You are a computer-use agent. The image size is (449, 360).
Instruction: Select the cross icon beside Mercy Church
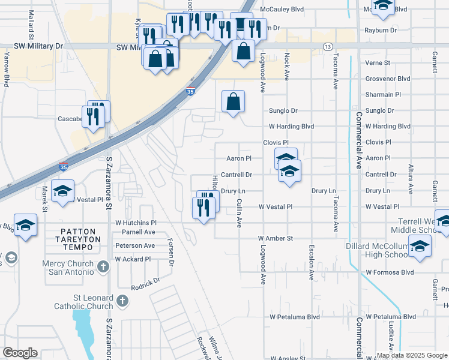coord(103,266)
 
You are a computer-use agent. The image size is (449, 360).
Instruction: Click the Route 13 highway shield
coord(327,46)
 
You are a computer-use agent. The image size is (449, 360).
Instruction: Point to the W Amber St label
coord(276,238)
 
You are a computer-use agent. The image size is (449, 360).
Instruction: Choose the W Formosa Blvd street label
coord(390,272)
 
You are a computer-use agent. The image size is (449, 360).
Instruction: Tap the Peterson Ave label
coord(134,245)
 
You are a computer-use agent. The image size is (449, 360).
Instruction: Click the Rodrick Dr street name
coord(146,284)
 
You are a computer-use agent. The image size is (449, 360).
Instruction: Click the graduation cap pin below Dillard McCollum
coord(420,245)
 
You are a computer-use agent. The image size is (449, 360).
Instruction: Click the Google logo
coord(19,353)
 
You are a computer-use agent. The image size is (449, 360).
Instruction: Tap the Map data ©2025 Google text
coord(412,355)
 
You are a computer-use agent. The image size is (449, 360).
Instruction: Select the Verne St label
coord(378,62)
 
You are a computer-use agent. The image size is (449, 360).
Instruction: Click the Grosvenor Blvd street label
coord(387,79)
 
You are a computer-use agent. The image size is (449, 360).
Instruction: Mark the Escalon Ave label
coord(312,262)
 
